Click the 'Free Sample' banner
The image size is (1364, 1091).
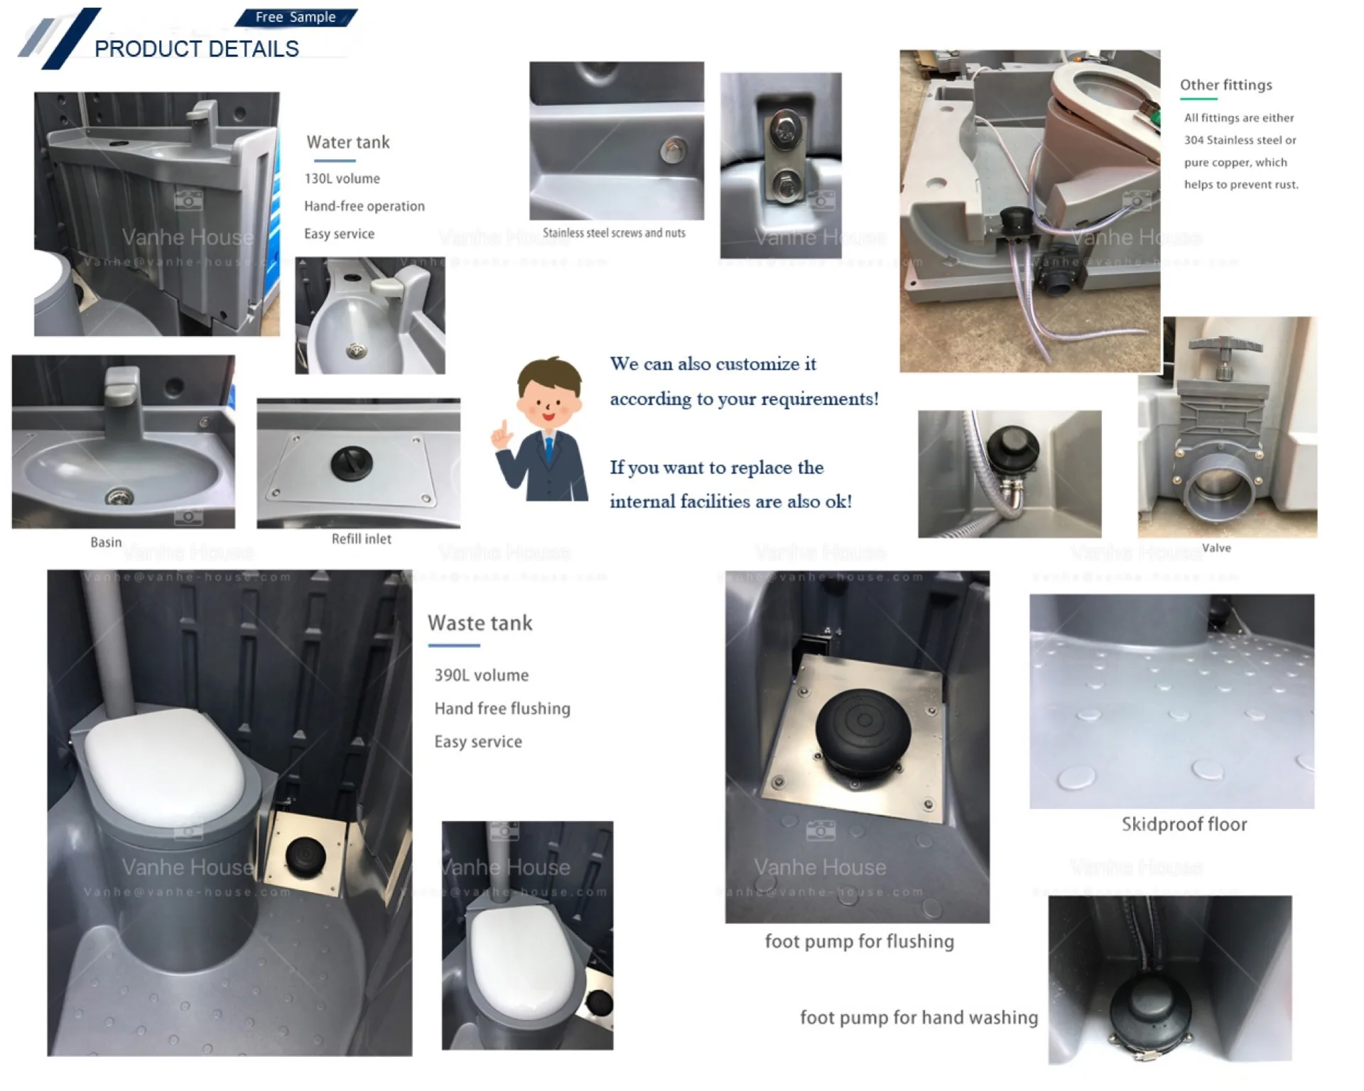click(296, 17)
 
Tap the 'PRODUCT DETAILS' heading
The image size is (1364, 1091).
click(197, 49)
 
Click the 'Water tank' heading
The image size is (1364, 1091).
click(348, 142)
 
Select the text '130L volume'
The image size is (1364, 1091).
click(342, 179)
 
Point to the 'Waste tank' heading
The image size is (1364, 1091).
click(480, 623)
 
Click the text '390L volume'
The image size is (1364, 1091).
click(481, 675)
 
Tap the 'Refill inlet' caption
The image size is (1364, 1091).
click(361, 539)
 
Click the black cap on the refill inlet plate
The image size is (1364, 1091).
click(352, 463)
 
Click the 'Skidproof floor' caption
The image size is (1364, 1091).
click(1184, 824)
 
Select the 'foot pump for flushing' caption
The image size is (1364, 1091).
click(859, 941)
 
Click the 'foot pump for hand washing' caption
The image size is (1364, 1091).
click(919, 1017)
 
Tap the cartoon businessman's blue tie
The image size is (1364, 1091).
click(548, 452)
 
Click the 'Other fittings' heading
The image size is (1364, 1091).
click(1225, 85)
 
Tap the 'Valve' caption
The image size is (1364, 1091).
click(1216, 548)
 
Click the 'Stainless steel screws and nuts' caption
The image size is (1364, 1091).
click(614, 233)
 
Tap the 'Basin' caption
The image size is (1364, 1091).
click(106, 542)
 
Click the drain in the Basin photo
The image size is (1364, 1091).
click(119, 496)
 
